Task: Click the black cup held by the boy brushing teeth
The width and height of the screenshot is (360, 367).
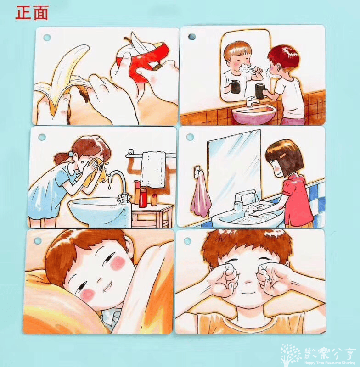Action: [260, 91]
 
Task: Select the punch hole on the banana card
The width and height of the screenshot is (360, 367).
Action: [46, 37]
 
